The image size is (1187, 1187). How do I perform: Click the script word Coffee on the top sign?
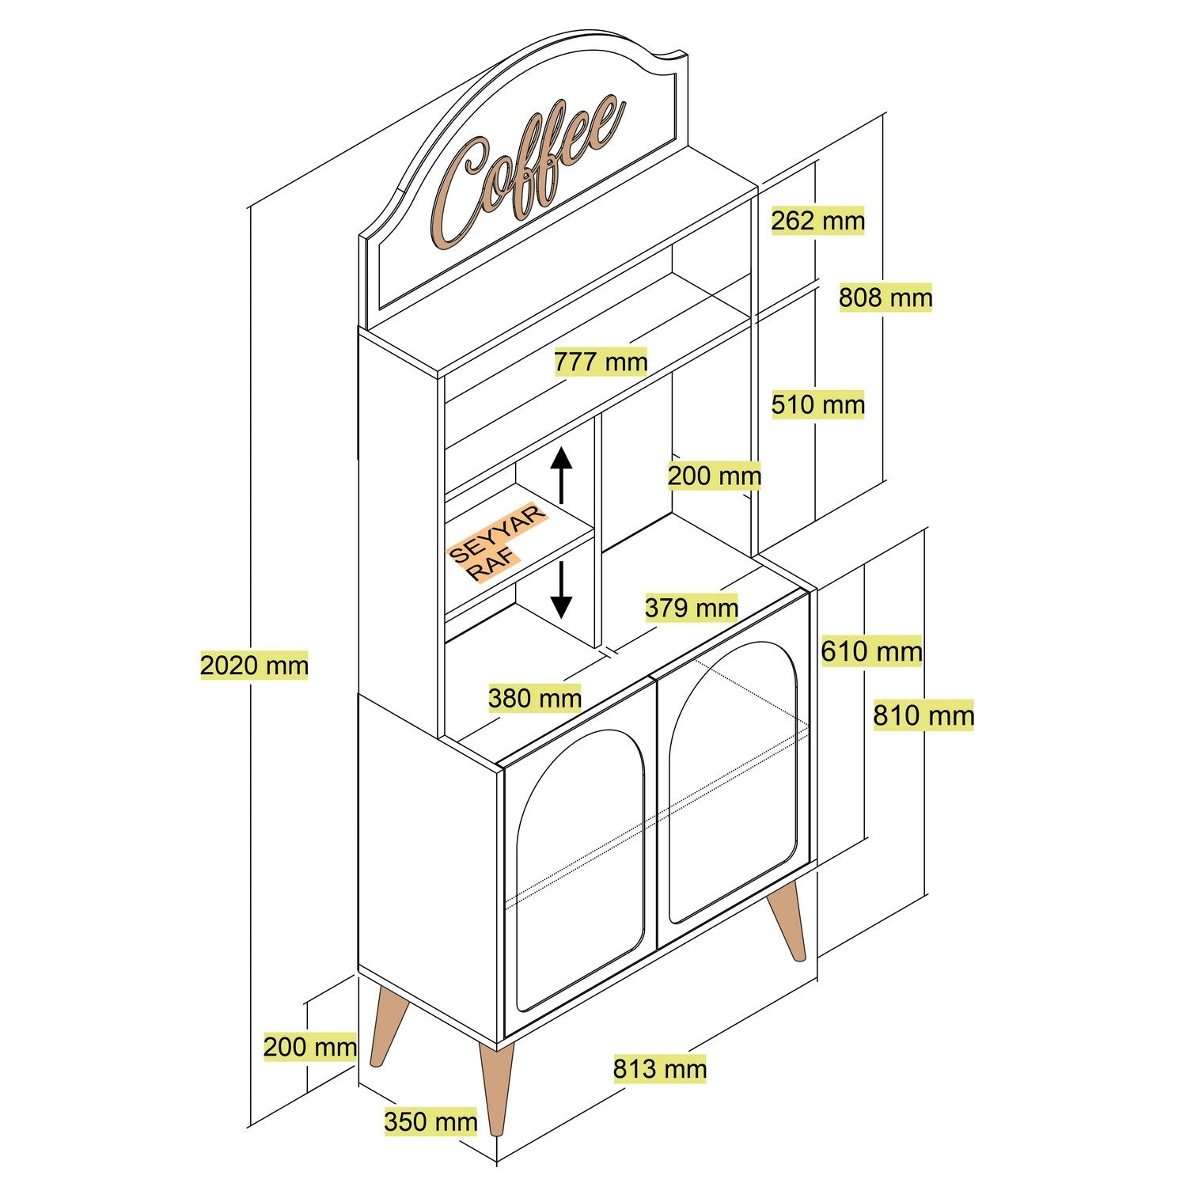[x=526, y=170]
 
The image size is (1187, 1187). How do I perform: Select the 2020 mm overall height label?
[x=253, y=666]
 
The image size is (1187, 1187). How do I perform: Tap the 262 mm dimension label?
[x=817, y=221]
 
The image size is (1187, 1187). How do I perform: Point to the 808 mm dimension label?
[x=886, y=298]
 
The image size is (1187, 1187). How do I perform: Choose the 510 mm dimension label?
[x=817, y=405]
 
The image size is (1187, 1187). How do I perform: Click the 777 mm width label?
[x=600, y=362]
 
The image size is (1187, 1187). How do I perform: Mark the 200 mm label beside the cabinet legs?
[x=309, y=1047]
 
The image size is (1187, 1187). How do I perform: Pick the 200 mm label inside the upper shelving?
[x=714, y=476]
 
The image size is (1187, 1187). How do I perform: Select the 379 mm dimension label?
[x=691, y=608]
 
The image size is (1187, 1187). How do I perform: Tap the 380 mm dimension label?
[x=534, y=698]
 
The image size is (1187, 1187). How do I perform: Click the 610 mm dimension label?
[x=871, y=652]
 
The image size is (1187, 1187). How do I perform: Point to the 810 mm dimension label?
[x=923, y=716]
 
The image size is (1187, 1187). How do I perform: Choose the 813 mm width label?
[x=659, y=1069]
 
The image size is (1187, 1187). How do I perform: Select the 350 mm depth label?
[x=430, y=1121]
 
